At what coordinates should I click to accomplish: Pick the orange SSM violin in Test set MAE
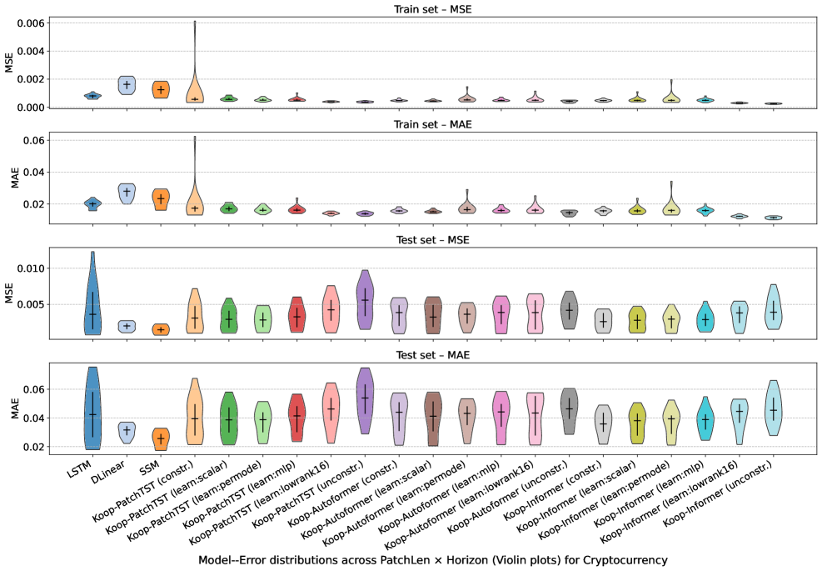point(161,437)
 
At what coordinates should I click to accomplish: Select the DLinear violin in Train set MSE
point(127,84)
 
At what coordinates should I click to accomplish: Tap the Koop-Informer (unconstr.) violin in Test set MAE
point(774,408)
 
